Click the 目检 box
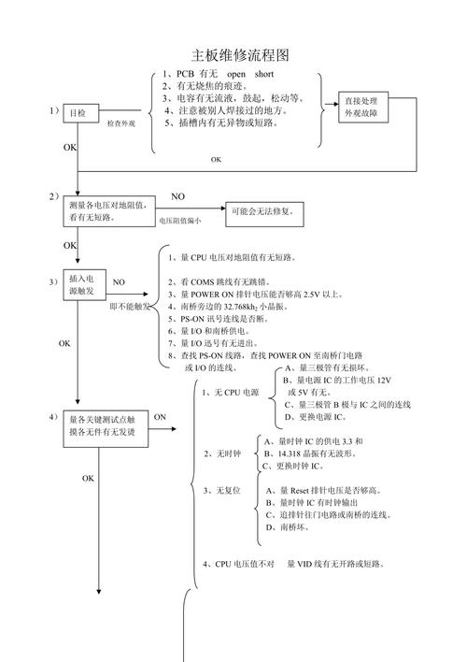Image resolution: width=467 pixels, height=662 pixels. (78, 113)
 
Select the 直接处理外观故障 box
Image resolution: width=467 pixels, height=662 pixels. (361, 107)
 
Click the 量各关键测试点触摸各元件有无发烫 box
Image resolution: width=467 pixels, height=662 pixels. (102, 425)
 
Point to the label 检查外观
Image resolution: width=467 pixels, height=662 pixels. (120, 123)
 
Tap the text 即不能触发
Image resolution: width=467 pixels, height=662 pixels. (130, 306)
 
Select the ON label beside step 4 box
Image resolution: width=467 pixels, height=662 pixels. (160, 417)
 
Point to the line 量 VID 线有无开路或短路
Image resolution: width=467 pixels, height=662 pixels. (335, 564)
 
